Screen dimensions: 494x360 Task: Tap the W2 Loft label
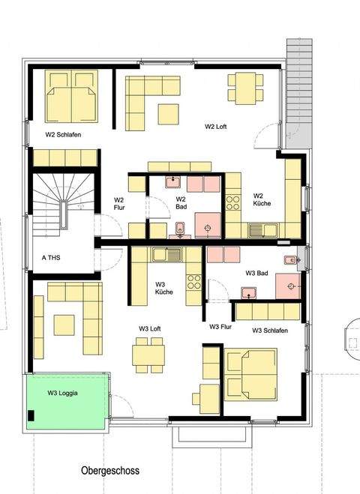click(216, 127)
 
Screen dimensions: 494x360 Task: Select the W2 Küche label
click(262, 198)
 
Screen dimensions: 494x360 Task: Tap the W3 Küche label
click(165, 289)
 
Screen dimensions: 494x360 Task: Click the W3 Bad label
click(256, 274)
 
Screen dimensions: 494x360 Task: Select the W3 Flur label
click(223, 327)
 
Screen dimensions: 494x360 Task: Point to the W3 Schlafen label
click(273, 331)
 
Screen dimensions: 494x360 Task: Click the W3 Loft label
click(150, 328)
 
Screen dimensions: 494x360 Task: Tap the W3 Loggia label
click(63, 393)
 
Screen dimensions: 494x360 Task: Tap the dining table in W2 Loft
click(244, 88)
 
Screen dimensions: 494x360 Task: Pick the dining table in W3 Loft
click(148, 355)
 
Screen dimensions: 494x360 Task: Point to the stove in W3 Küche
click(193, 282)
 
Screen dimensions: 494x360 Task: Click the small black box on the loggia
click(31, 416)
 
